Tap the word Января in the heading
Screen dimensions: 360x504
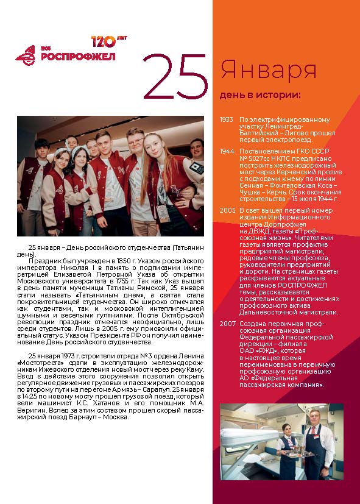point(268,70)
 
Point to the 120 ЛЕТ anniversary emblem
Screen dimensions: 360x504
point(103,41)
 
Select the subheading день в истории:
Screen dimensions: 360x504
point(260,94)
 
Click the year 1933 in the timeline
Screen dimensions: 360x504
point(227,120)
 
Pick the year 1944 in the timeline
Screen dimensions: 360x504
point(227,151)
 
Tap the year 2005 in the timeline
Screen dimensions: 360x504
point(227,210)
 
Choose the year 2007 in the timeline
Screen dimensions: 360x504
point(227,324)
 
